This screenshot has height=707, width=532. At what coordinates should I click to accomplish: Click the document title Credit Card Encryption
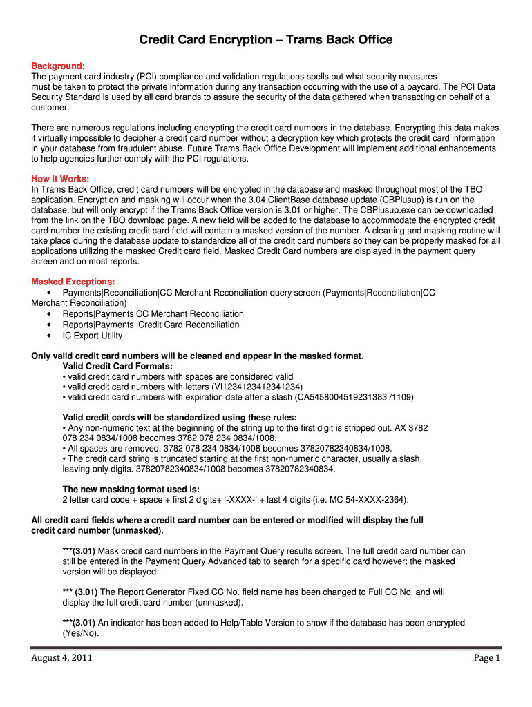click(266, 40)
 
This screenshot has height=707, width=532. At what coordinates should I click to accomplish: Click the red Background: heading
click(58, 66)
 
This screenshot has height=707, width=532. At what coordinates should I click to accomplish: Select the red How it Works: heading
click(60, 179)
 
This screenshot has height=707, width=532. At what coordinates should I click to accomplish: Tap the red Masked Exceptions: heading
click(73, 282)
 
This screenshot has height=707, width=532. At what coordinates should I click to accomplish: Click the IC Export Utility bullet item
click(92, 336)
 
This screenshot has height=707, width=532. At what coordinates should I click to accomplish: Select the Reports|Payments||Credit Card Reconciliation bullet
click(151, 325)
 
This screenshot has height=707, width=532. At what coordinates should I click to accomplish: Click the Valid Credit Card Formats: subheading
click(117, 366)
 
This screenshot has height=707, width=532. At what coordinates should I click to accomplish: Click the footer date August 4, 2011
click(62, 658)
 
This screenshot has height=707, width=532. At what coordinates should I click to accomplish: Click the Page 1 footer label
click(486, 658)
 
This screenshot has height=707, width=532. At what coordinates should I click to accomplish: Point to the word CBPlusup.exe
click(377, 210)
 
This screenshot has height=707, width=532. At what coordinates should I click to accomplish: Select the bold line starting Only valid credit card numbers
click(198, 356)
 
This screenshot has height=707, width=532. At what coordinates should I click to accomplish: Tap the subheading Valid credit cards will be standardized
click(180, 417)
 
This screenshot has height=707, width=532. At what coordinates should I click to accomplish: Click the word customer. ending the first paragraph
click(50, 108)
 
